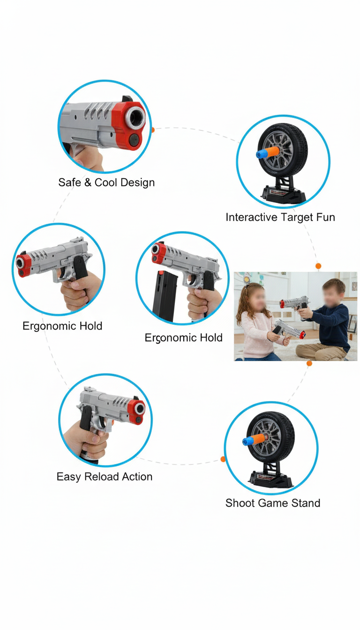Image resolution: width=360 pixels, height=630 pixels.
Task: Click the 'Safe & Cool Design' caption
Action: (106, 182)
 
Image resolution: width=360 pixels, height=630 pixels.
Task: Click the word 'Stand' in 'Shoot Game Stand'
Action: (305, 503)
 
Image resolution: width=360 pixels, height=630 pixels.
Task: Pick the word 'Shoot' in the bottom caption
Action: (240, 503)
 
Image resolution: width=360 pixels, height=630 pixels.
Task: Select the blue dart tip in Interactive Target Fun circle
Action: (259, 154)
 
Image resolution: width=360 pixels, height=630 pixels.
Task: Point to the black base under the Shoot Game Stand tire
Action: (270, 480)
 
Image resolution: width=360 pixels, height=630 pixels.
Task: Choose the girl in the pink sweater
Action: (258, 328)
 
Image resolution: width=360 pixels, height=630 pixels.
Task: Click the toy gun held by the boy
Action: (293, 303)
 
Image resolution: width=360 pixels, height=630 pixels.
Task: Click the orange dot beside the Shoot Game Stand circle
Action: (223, 459)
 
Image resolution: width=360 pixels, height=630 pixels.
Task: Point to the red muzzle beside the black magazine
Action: (158, 254)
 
